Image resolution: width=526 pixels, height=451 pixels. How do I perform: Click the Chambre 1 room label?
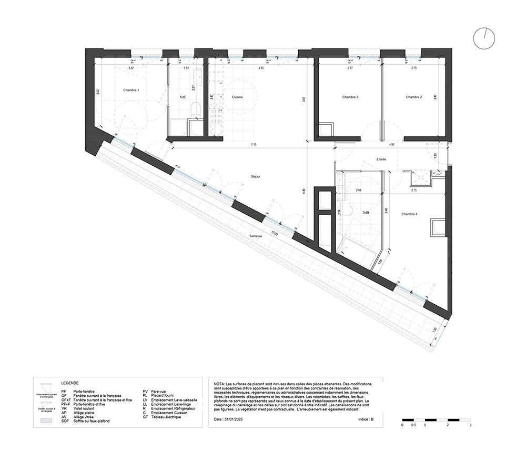[131, 91]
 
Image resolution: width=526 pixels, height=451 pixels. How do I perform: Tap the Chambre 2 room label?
[414, 97]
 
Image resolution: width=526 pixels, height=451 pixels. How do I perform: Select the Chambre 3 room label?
[350, 97]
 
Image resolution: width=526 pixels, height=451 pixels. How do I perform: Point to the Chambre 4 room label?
[409, 214]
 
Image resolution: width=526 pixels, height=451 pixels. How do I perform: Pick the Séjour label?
[255, 177]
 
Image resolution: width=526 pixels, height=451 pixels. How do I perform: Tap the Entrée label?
[381, 159]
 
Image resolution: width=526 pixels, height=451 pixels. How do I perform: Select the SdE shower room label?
[183, 97]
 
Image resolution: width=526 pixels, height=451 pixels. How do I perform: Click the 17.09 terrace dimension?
[275, 232]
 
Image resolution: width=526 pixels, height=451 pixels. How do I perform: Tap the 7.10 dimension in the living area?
[254, 144]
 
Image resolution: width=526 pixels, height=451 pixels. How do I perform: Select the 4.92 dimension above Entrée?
[391, 144]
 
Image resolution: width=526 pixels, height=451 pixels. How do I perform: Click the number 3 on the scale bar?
[470, 425]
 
